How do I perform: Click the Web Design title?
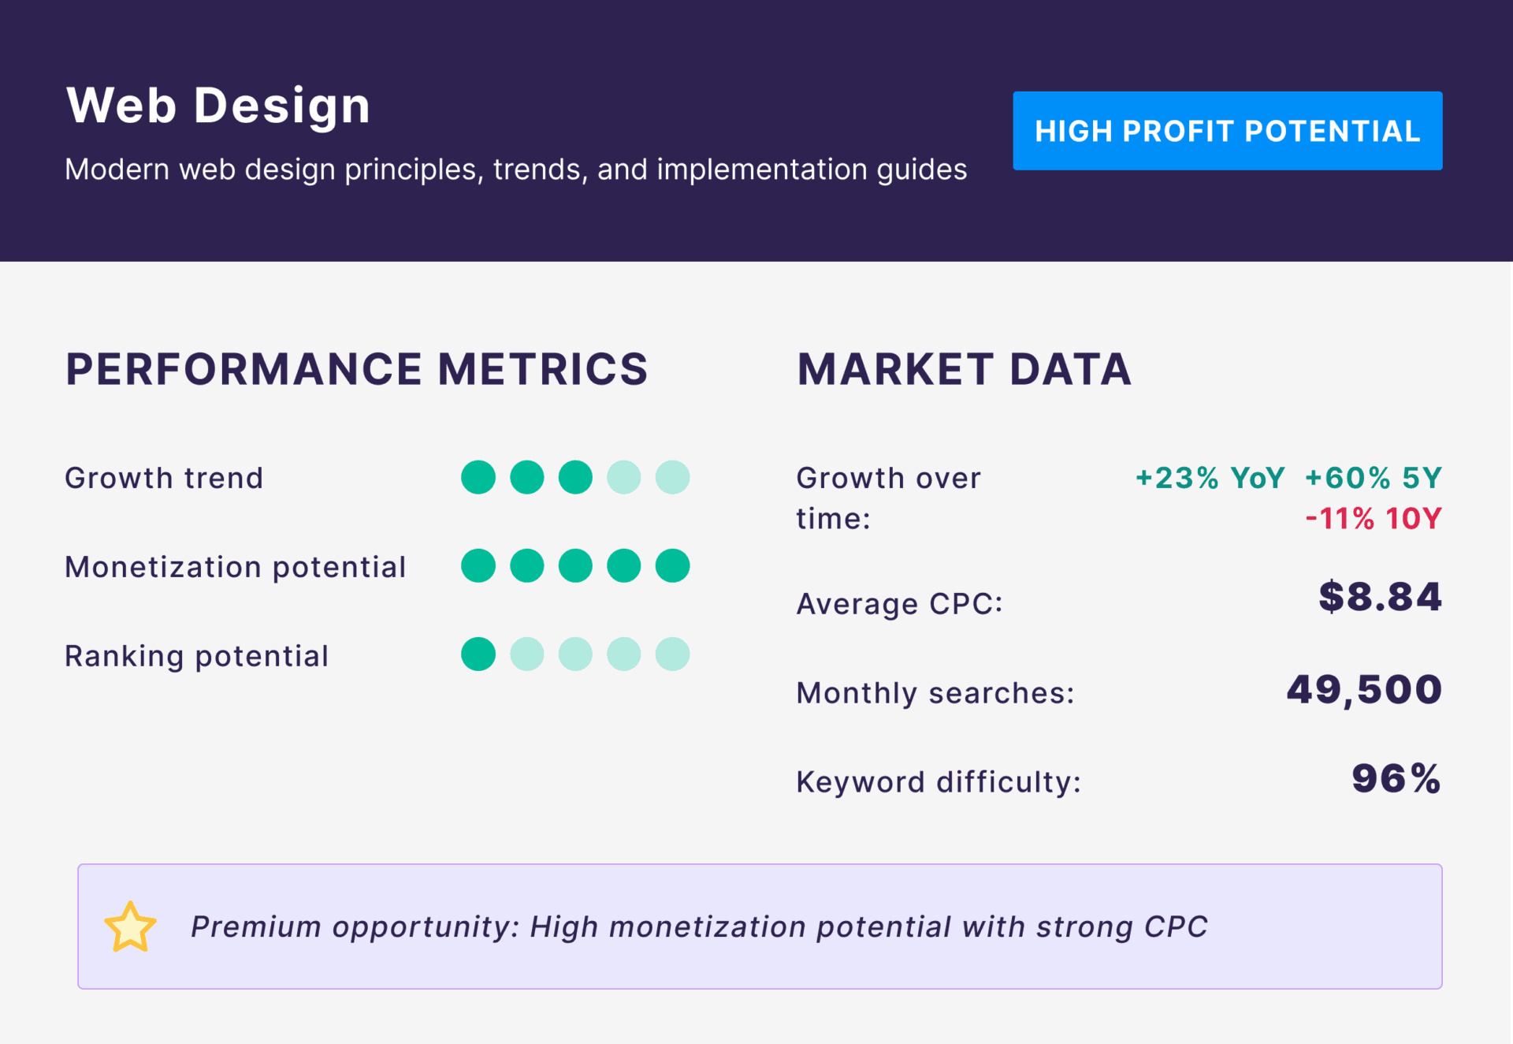[x=218, y=106]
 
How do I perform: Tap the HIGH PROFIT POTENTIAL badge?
[x=1227, y=131]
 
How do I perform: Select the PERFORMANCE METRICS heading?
[x=356, y=369]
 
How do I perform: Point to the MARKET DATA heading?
[x=964, y=369]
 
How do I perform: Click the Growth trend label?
[x=164, y=478]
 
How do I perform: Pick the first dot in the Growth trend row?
[x=478, y=477]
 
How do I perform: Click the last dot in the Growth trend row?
[x=672, y=477]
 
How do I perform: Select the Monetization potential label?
[x=235, y=567]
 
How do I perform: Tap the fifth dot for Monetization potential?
[x=672, y=566]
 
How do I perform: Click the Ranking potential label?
[x=196, y=656]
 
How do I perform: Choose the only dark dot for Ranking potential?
[x=478, y=654]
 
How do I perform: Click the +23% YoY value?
[x=1210, y=478]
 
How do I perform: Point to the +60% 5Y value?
[x=1373, y=478]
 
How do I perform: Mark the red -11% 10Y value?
[x=1373, y=519]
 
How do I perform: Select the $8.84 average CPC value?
[x=1380, y=597]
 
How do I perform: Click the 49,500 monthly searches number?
[x=1364, y=690]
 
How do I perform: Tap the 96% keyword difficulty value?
[x=1396, y=779]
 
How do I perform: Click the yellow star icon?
[x=130, y=927]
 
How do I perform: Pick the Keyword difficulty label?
[x=938, y=782]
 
